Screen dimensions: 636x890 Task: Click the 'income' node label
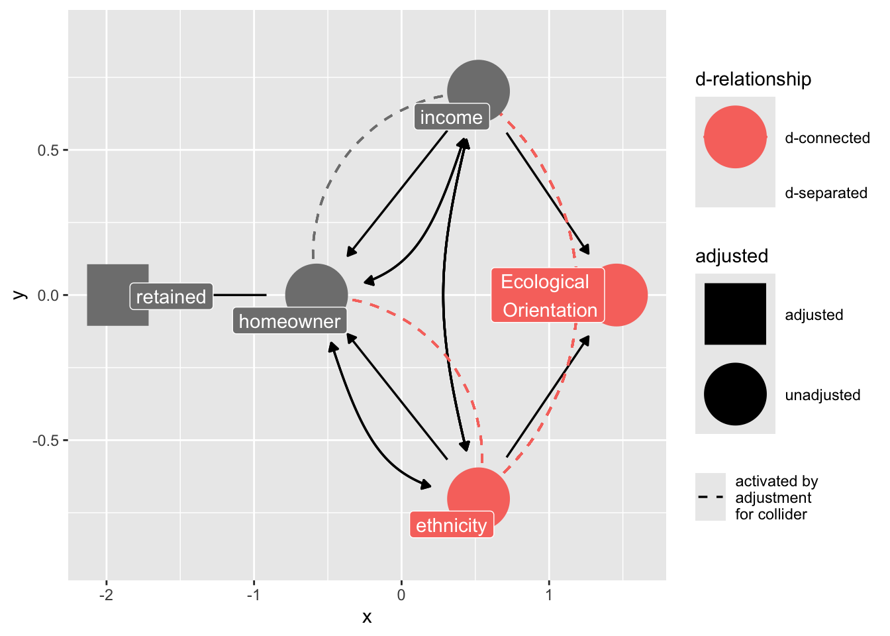pos(452,117)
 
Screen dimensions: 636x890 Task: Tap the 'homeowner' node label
pos(289,321)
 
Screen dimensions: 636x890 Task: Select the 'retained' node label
pos(171,297)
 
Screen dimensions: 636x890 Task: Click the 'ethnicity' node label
pos(452,525)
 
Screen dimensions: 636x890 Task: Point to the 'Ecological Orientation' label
pos(548,295)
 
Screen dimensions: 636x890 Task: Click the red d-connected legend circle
pos(735,137)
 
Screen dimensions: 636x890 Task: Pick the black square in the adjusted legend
pos(735,314)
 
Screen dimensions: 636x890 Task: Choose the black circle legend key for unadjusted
pos(735,394)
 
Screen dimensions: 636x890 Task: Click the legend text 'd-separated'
pos(826,193)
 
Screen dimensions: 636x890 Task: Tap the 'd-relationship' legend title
pos(753,79)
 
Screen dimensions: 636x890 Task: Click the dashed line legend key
pos(711,497)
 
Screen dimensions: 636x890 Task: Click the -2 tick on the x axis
pos(106,595)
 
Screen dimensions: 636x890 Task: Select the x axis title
pos(367,617)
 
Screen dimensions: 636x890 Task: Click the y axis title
pos(20,295)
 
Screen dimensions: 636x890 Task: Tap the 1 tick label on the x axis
pos(548,595)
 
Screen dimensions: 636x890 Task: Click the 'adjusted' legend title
pos(731,256)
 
